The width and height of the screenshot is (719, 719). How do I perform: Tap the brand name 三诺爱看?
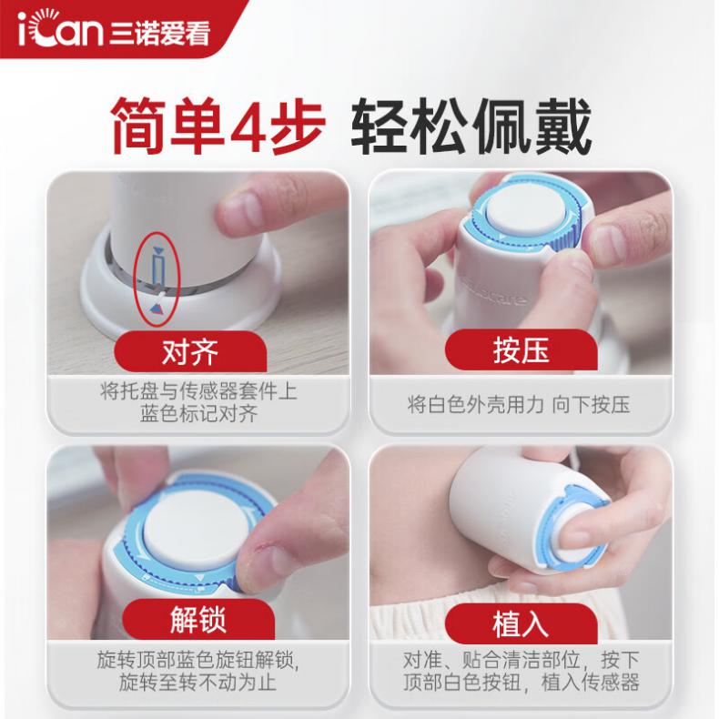pyautogui.click(x=159, y=33)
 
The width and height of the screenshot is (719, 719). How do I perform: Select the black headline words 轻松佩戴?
pyautogui.click(x=471, y=126)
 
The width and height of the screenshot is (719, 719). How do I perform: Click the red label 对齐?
pyautogui.click(x=190, y=352)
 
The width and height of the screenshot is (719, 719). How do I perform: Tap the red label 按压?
pyautogui.click(x=521, y=350)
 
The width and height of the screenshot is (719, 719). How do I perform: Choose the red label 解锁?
pyautogui.click(x=198, y=619)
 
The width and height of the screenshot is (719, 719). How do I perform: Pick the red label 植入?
pyautogui.click(x=521, y=623)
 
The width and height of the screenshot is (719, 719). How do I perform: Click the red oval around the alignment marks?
pyautogui.click(x=136, y=279)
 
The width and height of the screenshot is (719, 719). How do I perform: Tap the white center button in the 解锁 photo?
pyautogui.click(x=194, y=530)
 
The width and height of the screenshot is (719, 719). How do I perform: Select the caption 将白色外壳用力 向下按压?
pyautogui.click(x=519, y=404)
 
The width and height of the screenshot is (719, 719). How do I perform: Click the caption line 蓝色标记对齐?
pyautogui.click(x=199, y=414)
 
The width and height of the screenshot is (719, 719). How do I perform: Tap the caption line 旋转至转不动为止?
pyautogui.click(x=197, y=682)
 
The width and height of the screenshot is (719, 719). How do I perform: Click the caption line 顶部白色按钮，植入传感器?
pyautogui.click(x=522, y=682)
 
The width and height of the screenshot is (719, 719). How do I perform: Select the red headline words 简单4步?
pyautogui.click(x=218, y=126)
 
